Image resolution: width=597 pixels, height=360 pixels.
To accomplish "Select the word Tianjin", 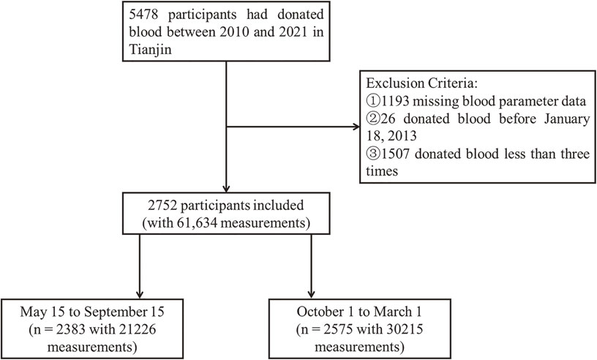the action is tap(150, 49).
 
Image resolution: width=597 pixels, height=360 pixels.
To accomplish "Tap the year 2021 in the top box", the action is tap(293, 31).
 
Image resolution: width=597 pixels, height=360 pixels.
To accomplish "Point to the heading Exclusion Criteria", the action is tap(422, 83).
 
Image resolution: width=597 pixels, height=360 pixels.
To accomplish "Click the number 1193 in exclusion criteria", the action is tap(396, 101).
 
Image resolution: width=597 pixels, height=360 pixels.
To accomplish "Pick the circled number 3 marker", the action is tap(373, 154).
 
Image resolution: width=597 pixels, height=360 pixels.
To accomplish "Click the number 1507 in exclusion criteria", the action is tap(396, 154).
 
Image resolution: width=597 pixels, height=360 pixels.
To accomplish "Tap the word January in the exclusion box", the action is tap(567, 119).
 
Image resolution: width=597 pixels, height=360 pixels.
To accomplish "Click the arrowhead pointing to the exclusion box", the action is tap(356, 127).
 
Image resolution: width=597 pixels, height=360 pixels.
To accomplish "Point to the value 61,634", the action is tap(198, 223).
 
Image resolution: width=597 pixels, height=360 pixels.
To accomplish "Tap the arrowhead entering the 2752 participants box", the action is tap(226, 188).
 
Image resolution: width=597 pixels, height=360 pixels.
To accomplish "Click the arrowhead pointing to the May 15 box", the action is tap(140, 294).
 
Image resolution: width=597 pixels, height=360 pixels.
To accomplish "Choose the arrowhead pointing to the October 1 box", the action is tap(311, 294).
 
